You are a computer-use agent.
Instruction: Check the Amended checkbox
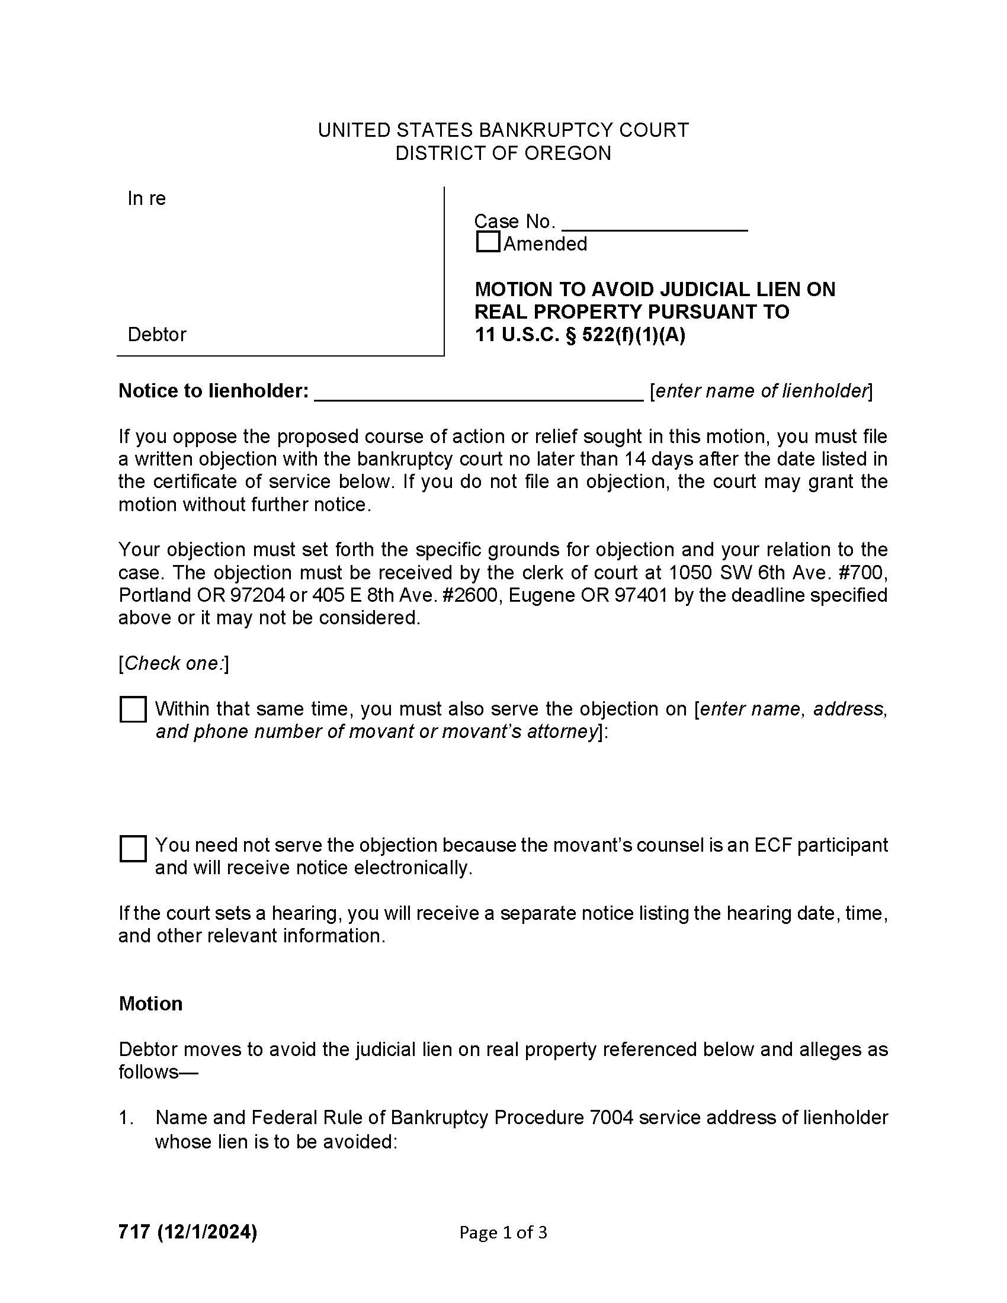coord(488,242)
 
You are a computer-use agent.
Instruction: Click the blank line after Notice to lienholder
coord(478,393)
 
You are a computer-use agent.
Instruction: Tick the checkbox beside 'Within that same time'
coord(133,710)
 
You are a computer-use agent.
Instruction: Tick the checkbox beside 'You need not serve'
coord(133,848)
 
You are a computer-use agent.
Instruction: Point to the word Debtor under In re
coord(157,335)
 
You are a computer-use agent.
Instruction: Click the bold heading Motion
coord(150,1004)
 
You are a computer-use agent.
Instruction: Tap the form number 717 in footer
coord(134,1231)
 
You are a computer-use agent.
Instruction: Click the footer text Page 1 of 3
coord(502,1232)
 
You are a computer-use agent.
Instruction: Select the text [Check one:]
coord(174,663)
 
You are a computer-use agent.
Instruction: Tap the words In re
coord(146,198)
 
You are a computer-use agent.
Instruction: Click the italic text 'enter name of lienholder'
coord(761,391)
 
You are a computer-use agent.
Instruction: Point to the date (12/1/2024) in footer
coord(207,1231)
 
